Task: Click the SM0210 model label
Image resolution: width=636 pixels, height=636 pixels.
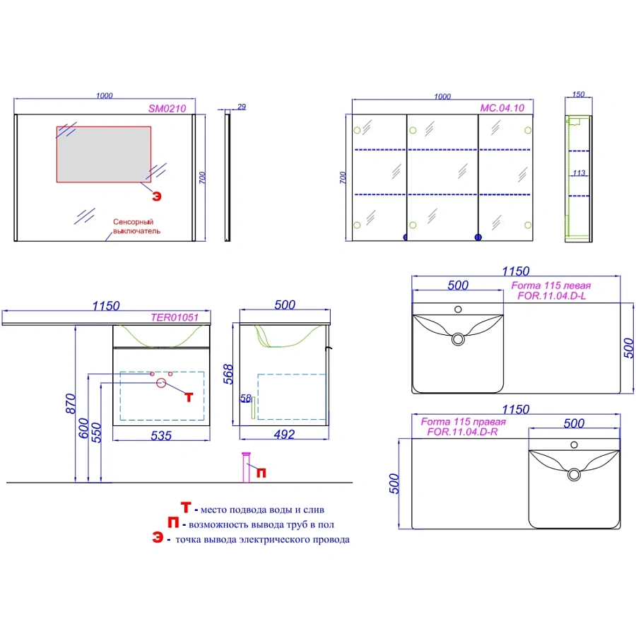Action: coord(167,108)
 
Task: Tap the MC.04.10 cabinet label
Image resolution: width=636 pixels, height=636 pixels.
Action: coord(502,108)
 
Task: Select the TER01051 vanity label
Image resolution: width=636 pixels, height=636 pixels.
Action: coord(175,317)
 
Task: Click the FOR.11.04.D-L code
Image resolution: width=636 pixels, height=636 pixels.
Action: coord(552,295)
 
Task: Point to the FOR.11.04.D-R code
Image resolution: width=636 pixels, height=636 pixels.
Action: coord(462,432)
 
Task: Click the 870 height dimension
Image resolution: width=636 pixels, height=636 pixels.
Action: coord(71,404)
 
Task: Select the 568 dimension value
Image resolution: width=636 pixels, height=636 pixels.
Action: coord(228,374)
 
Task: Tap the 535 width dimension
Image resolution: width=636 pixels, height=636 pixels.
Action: coord(161,435)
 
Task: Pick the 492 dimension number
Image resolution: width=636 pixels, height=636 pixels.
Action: coord(284,435)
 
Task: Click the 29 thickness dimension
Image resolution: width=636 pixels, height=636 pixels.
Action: coord(242,107)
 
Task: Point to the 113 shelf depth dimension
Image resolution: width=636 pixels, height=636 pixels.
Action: coord(579,173)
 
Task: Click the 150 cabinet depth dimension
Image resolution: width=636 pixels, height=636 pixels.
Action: coord(578,94)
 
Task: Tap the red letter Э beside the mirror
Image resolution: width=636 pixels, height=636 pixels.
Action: coord(157,196)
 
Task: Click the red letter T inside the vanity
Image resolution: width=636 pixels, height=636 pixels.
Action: coord(189,397)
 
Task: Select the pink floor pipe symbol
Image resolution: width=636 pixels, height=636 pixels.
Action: coord(246,467)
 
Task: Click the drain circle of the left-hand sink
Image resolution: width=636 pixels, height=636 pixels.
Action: coord(458,339)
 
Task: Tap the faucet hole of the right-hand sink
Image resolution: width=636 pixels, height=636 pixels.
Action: coord(574,445)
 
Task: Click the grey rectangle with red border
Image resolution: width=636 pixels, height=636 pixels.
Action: coord(104,154)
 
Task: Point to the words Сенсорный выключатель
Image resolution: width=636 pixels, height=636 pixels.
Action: coord(136,226)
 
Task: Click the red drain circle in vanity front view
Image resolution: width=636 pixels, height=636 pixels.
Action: coord(161,382)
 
